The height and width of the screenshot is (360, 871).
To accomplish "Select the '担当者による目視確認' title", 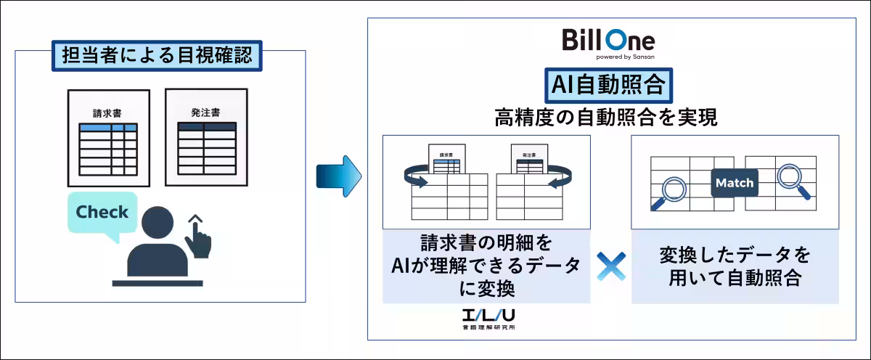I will point(157,55).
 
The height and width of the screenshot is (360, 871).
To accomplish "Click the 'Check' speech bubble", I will point(102,213).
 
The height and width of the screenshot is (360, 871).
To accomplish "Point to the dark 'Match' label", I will point(734,183).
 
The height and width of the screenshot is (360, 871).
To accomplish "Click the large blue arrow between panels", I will point(338,176).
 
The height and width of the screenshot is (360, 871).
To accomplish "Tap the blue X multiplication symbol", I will point(610,267).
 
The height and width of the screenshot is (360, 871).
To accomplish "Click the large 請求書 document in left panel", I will point(108,138).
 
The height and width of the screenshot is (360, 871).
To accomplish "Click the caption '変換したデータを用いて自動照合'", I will point(735,267).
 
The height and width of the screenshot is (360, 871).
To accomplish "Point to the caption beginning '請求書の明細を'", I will point(486,266).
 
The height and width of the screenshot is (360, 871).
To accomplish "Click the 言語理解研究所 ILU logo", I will point(486,320).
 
